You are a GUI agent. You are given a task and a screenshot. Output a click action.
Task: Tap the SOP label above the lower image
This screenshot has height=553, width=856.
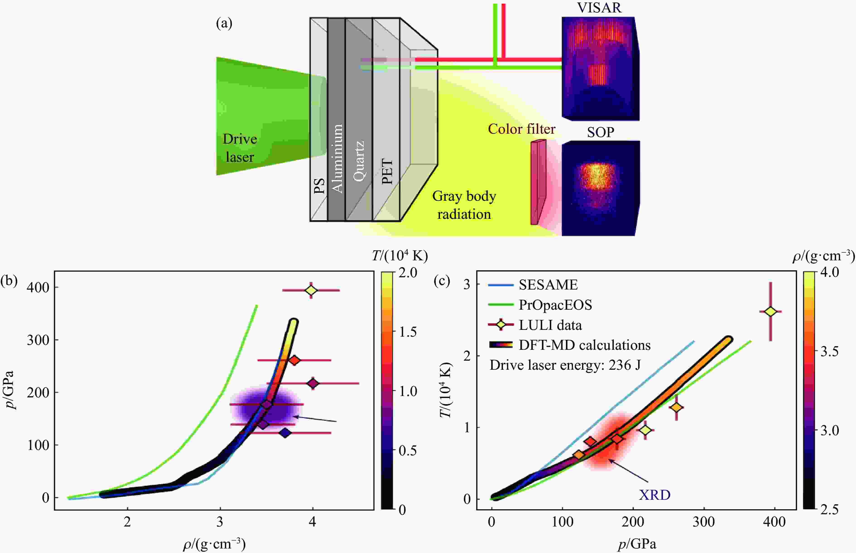pyautogui.click(x=601, y=132)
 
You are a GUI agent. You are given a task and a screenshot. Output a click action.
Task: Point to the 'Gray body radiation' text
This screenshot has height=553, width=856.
pyautogui.click(x=464, y=205)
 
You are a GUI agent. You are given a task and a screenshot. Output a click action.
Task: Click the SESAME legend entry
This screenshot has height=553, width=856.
pyautogui.click(x=548, y=285)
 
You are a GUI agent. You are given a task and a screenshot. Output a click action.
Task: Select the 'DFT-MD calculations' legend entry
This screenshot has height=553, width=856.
pyautogui.click(x=584, y=345)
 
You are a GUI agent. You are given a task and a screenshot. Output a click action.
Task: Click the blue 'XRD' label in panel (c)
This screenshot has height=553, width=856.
pyautogui.click(x=654, y=495)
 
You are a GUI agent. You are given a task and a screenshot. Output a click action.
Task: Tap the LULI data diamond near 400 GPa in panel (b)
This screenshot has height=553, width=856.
pyautogui.click(x=311, y=290)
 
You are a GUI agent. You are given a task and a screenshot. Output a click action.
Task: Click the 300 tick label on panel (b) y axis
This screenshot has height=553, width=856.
pyautogui.click(x=38, y=340)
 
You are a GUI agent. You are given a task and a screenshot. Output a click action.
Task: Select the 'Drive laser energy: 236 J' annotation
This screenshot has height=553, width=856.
pyautogui.click(x=565, y=365)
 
